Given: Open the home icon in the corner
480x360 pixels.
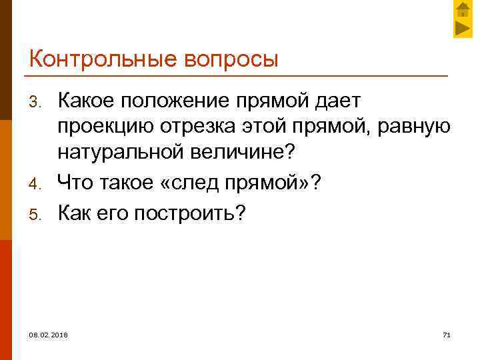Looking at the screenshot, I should [462, 10].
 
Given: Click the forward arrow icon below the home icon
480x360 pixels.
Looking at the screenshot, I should [462, 29].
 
